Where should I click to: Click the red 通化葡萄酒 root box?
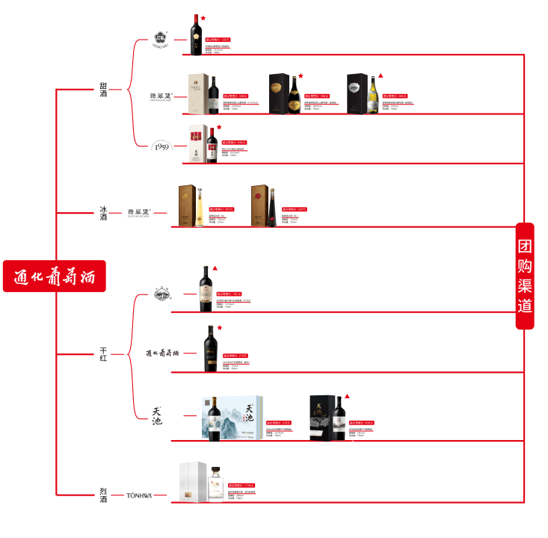click(x=54, y=276)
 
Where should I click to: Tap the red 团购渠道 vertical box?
click(x=526, y=276)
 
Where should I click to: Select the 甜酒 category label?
click(x=103, y=90)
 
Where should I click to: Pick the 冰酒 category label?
click(x=103, y=211)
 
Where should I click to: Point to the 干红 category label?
click(x=103, y=353)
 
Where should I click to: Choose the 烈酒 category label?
click(x=103, y=495)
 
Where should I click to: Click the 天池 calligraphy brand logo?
click(x=157, y=415)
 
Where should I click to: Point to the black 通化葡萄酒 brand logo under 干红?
click(x=162, y=353)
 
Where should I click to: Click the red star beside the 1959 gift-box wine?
click(x=219, y=128)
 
